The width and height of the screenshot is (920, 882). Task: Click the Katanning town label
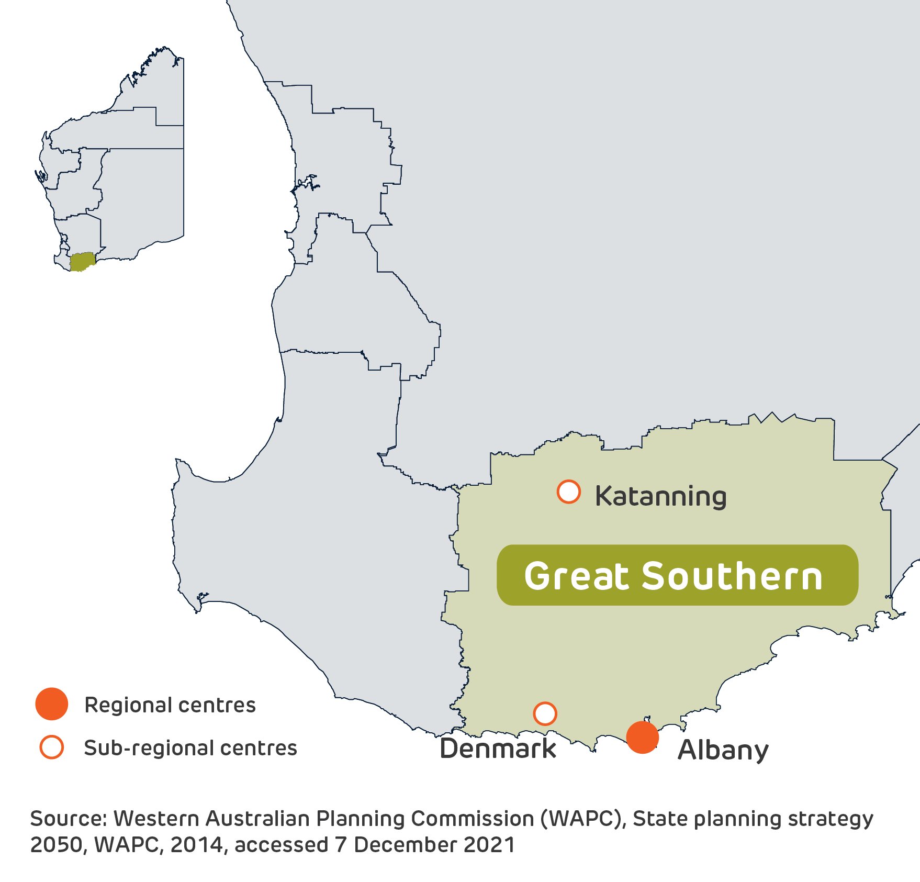click(x=660, y=496)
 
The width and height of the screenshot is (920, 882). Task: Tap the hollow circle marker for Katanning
click(x=568, y=492)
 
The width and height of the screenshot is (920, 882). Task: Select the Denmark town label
click(x=498, y=749)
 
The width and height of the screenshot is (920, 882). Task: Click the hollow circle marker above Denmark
click(x=545, y=713)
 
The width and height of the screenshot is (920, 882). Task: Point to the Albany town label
click(x=723, y=751)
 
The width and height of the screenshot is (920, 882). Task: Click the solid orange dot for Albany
click(x=642, y=737)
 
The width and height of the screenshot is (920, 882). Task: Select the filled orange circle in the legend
click(x=51, y=704)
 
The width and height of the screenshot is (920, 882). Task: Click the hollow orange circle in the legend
click(x=51, y=747)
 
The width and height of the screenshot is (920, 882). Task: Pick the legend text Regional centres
click(x=170, y=705)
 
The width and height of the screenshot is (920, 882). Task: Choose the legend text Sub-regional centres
click(x=190, y=748)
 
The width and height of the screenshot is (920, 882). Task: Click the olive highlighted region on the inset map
click(x=83, y=261)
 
